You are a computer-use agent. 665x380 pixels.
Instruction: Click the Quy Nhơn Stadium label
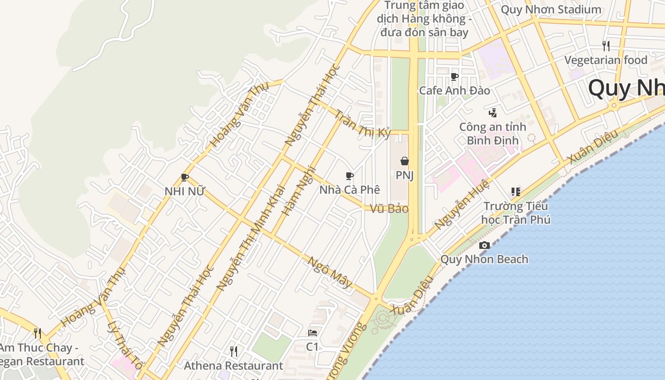coord(551,9)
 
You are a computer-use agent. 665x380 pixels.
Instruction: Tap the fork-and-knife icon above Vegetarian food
coord(606,46)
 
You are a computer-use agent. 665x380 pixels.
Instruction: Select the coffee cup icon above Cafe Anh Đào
coord(454,76)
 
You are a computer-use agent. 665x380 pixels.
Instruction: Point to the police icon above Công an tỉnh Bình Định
coord(493,113)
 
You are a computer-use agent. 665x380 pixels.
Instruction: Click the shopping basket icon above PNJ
coord(405,161)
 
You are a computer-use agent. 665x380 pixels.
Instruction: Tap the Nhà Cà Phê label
coord(350,190)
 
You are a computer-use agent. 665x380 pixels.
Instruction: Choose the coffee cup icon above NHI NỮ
coord(185,178)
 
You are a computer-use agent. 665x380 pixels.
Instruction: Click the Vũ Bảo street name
coord(389,209)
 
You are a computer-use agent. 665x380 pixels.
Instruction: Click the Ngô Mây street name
coord(330,273)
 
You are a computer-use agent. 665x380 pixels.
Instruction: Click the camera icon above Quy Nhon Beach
coord(484,245)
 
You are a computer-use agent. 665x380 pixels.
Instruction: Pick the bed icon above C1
coord(312,332)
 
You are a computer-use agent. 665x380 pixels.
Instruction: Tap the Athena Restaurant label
coord(233,366)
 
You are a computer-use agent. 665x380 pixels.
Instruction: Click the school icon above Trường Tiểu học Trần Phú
coord(515,192)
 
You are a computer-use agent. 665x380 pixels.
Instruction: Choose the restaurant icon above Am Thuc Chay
coord(38,333)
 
